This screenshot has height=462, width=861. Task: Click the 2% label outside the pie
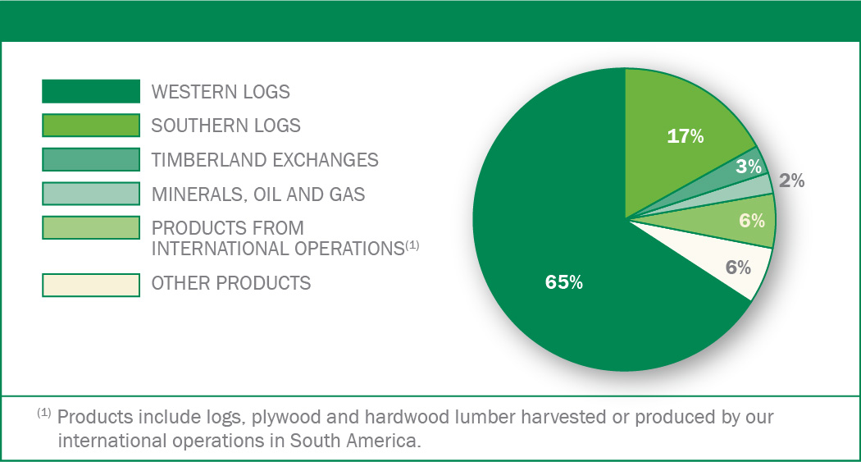click(x=792, y=181)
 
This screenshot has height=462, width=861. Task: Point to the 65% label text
click(x=564, y=281)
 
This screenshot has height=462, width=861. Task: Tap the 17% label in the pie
click(x=686, y=135)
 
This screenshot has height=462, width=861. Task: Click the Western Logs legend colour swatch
click(x=90, y=91)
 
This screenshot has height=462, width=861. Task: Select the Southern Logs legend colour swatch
click(x=90, y=126)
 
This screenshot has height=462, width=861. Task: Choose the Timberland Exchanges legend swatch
click(x=90, y=159)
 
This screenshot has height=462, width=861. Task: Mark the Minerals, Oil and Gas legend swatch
click(x=90, y=194)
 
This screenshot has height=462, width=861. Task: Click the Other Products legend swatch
click(x=90, y=285)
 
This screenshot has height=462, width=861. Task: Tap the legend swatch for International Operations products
click(x=90, y=227)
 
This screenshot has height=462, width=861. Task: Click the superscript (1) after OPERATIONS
click(x=412, y=245)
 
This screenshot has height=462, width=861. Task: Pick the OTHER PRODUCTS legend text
click(x=230, y=283)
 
